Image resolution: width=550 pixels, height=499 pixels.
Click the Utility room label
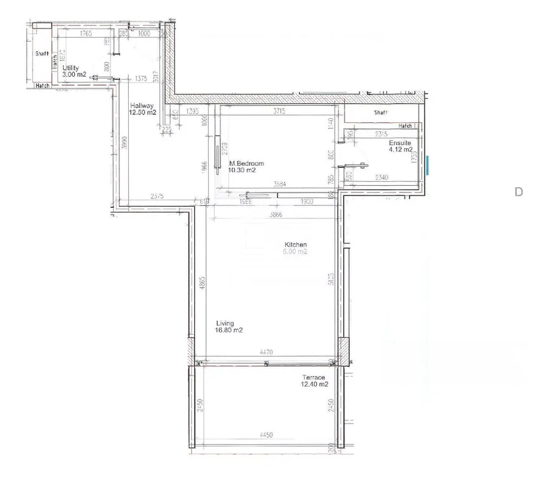[71, 68]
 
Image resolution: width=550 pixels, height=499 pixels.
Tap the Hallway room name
[141, 106]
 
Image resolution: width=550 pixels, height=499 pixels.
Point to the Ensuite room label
[399, 143]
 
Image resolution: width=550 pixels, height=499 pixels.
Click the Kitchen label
[295, 245]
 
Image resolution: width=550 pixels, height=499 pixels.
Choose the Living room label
[225, 322]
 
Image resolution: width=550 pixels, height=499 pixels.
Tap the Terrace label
[314, 377]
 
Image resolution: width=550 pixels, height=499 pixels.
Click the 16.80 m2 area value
[229, 330]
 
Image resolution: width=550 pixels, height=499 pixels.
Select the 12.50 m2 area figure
[142, 113]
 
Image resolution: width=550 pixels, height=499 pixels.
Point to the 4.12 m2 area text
[400, 150]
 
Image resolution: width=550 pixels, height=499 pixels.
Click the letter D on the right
[518, 192]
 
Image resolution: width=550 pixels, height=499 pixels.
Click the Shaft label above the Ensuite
[381, 112]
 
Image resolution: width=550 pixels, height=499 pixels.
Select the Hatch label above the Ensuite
[405, 126]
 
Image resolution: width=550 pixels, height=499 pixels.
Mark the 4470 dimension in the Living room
[265, 352]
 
